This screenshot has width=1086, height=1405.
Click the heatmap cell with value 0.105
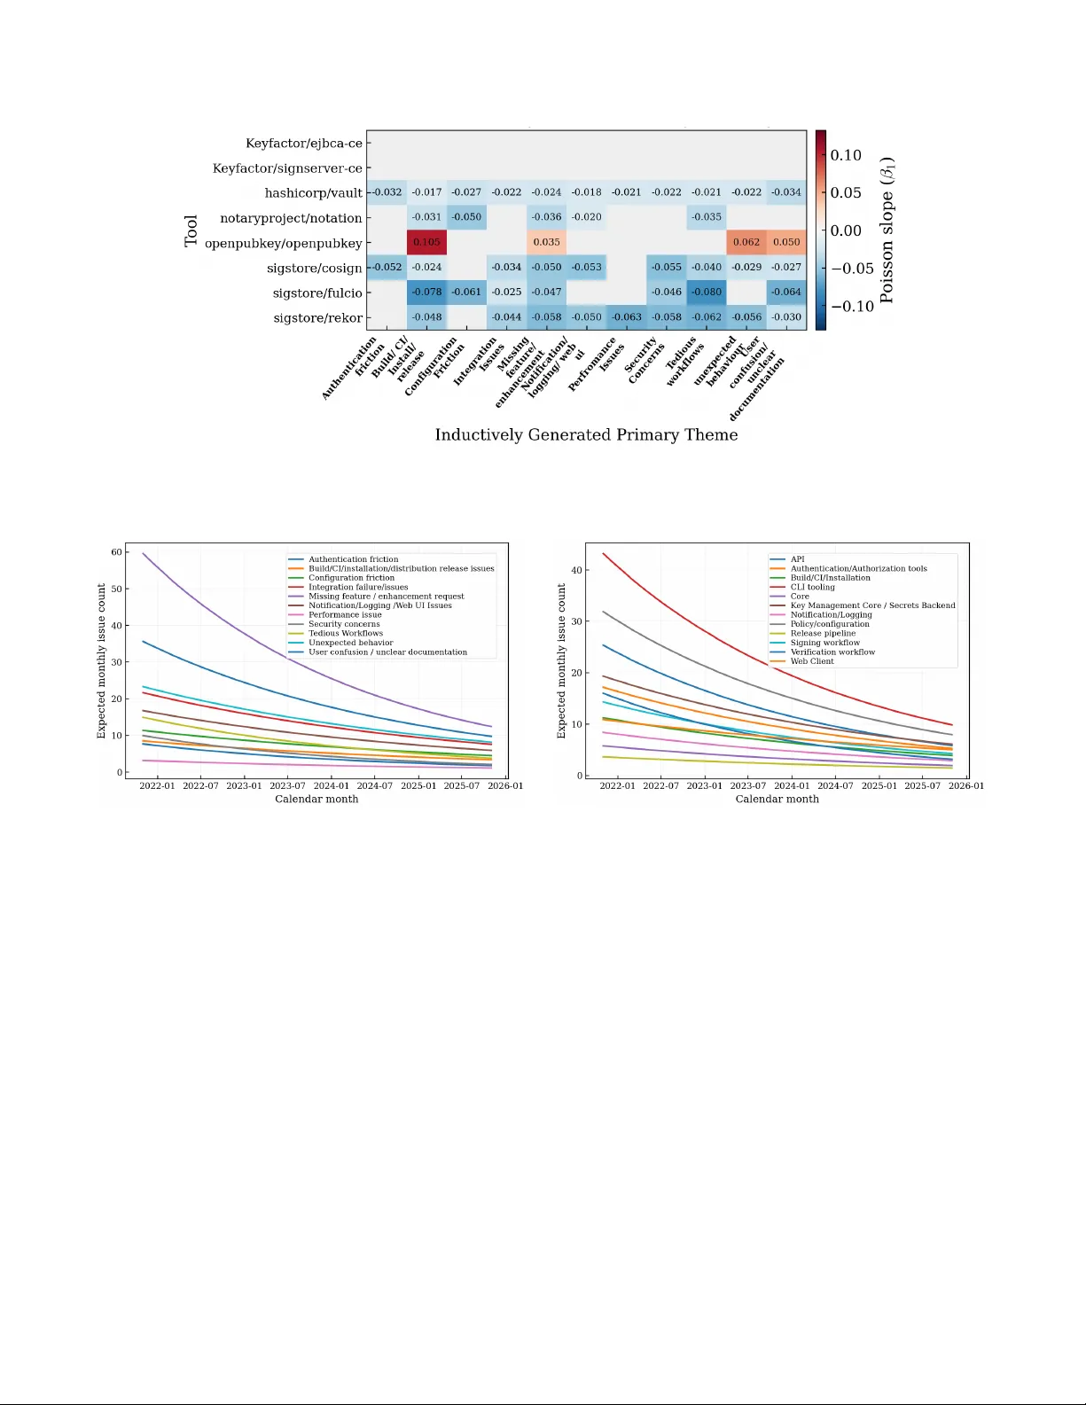(426, 242)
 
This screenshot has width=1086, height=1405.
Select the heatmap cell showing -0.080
(707, 292)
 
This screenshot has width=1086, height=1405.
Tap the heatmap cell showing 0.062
(746, 242)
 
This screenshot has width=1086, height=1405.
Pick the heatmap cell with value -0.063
(627, 316)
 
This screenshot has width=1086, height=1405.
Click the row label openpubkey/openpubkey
(283, 243)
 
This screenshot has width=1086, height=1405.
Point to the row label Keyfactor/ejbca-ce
(303, 143)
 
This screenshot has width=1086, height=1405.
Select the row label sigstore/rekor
(317, 317)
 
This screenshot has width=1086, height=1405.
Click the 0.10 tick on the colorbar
(846, 155)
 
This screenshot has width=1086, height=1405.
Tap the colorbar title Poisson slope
(887, 230)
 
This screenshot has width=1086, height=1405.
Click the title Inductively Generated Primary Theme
(586, 434)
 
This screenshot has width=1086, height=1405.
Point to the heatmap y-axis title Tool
(191, 230)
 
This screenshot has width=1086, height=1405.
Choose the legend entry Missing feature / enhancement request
(386, 597)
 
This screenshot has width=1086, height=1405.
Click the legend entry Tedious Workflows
(346, 633)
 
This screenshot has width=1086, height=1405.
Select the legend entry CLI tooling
(812, 587)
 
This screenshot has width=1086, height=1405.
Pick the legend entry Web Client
(812, 661)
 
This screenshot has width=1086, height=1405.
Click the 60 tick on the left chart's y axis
(116, 552)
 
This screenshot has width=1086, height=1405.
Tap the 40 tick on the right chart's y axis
(576, 570)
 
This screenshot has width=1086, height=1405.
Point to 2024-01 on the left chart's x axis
(331, 785)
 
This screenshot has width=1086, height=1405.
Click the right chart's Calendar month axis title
(777, 799)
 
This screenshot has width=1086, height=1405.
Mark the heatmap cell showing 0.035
(546, 242)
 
